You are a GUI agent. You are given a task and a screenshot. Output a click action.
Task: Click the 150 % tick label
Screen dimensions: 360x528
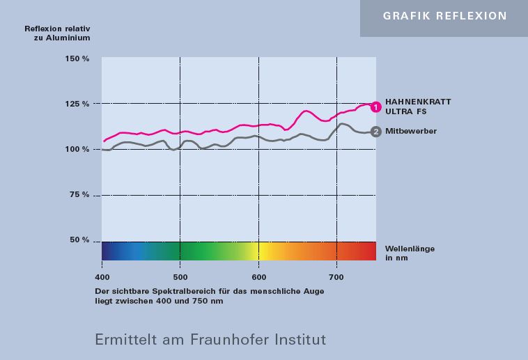pyautogui.click(x=78, y=58)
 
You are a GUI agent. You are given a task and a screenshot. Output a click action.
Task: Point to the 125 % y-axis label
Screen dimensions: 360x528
pyautogui.click(x=78, y=104)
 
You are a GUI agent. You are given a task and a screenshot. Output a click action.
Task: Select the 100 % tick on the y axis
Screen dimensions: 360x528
pyautogui.click(x=78, y=149)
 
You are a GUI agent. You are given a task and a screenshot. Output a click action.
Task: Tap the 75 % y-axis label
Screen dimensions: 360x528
pyautogui.click(x=80, y=195)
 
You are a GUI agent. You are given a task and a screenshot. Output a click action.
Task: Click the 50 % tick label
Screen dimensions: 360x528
pyautogui.click(x=80, y=240)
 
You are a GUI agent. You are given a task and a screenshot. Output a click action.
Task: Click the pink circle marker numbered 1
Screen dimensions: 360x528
pyautogui.click(x=375, y=107)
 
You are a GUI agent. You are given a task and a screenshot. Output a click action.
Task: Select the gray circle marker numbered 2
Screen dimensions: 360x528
pyautogui.click(x=375, y=131)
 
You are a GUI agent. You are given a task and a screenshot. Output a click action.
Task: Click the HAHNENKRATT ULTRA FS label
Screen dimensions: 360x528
pyautogui.click(x=418, y=106)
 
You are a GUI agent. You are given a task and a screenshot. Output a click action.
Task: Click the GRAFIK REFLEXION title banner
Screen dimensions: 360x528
pyautogui.click(x=444, y=16)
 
